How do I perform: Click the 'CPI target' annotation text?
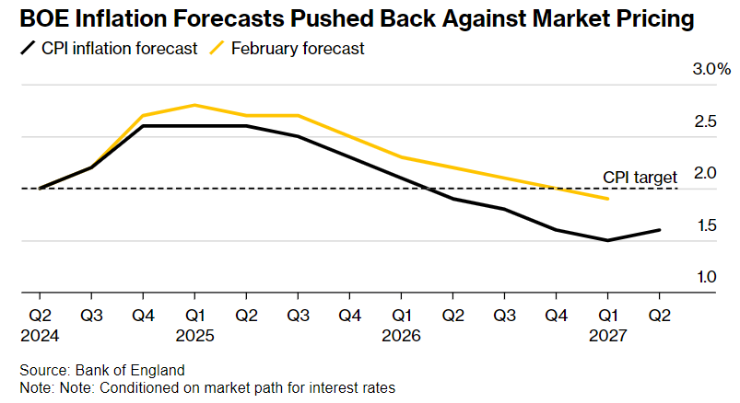pos(640,176)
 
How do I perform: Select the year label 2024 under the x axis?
pos(40,336)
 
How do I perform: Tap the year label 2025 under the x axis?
pos(194,336)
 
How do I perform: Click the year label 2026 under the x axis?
pos(401,336)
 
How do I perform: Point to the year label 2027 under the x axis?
pos(607,336)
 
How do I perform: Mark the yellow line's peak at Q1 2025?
pos(194,105)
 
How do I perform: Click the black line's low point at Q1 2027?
pos(607,240)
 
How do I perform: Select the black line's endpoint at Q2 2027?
pos(659,230)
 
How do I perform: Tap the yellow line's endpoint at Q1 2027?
pos(607,199)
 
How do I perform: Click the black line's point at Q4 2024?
pos(143,126)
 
